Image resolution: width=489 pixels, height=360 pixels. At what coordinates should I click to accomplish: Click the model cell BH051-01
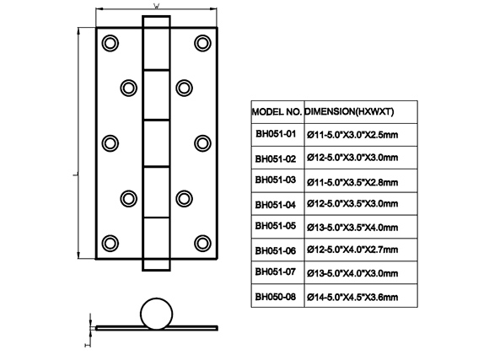[x=276, y=134]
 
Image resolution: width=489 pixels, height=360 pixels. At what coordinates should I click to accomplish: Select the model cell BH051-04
[x=276, y=205]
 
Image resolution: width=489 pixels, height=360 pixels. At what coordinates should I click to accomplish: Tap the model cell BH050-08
[x=276, y=297]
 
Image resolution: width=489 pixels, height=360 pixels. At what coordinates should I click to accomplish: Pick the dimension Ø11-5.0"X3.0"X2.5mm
[x=352, y=135]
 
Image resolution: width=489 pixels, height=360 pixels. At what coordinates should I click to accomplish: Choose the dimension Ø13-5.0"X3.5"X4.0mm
[x=352, y=227]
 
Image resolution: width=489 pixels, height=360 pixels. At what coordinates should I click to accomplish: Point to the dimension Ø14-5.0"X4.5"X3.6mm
[x=352, y=297]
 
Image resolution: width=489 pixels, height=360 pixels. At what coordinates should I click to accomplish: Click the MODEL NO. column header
[x=277, y=111]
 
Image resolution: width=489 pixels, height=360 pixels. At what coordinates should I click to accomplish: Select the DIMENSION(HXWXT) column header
[x=349, y=111]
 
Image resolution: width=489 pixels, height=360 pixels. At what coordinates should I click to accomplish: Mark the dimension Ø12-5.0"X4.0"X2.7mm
[x=352, y=250]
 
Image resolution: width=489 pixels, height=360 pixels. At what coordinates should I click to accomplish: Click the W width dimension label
[x=156, y=6]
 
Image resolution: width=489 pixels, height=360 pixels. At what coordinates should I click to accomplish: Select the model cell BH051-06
[x=276, y=250]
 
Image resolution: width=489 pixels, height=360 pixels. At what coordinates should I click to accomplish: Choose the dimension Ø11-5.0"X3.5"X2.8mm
[x=352, y=182]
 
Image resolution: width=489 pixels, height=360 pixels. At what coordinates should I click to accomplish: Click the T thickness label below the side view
[x=88, y=345]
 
